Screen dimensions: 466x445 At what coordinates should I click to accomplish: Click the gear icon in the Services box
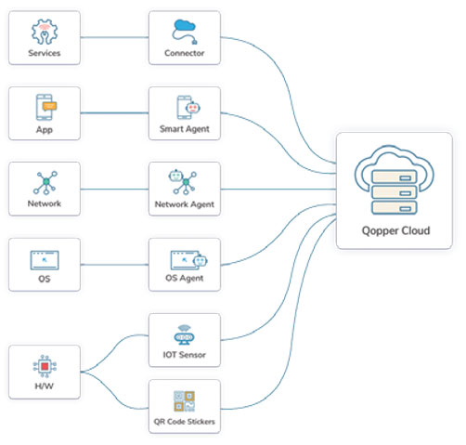coord(45,32)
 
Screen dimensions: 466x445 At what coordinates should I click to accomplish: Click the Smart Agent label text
coord(185,129)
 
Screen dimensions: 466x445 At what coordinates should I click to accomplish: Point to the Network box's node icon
coord(45,182)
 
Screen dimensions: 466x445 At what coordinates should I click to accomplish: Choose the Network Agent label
coord(185,204)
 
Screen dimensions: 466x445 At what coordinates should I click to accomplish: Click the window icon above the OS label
coord(45,260)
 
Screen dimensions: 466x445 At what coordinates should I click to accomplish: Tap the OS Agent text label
coord(185,278)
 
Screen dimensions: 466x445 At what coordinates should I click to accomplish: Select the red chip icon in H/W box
coord(45,366)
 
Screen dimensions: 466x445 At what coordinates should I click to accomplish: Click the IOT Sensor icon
coord(184,335)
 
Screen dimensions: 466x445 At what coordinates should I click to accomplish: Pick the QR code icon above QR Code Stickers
coord(184,401)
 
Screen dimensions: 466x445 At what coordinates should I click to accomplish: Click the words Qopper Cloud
coord(395,231)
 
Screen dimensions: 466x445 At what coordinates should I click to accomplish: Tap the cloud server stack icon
coord(394,180)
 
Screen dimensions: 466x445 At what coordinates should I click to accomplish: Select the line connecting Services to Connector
coord(114,37)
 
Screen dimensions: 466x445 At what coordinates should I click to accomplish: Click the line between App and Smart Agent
coord(114,112)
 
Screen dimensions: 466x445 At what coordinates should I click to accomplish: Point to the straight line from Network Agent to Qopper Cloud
coord(278,189)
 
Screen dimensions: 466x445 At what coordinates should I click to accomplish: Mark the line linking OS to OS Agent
coord(114,265)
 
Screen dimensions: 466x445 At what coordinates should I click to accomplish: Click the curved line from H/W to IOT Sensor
coord(114,352)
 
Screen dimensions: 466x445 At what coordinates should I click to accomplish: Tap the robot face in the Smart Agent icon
coord(193,108)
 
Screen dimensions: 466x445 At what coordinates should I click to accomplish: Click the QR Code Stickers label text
coord(185,422)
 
